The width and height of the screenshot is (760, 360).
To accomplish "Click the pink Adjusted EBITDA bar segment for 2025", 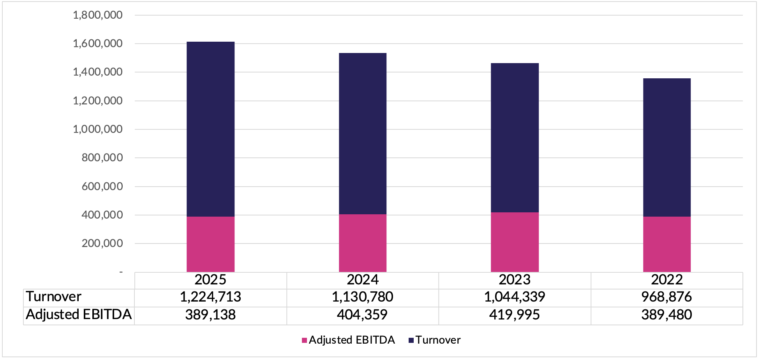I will (x=210, y=244).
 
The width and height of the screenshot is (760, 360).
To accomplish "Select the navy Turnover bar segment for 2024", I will (x=362, y=134).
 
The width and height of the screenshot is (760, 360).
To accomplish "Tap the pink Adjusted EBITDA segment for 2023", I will (x=515, y=242).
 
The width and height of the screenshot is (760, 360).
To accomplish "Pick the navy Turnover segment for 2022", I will (x=667, y=147).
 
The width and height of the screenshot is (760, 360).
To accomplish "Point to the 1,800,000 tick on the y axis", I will (x=97, y=15).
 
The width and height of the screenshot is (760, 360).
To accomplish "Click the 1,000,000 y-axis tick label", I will (x=97, y=129).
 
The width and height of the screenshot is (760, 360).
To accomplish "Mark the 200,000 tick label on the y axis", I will (x=102, y=244).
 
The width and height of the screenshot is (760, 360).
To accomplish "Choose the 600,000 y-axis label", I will (x=102, y=186).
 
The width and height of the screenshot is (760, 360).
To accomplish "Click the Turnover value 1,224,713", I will (x=210, y=297).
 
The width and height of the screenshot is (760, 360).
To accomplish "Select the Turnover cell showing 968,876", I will (x=667, y=297).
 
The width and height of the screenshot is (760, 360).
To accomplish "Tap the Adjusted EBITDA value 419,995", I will (x=515, y=315).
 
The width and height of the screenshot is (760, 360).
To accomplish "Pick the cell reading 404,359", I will (x=362, y=315).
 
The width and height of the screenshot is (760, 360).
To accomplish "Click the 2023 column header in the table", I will (x=515, y=280).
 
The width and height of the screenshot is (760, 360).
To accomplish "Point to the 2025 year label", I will (x=210, y=280).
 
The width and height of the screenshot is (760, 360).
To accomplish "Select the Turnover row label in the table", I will (x=54, y=297).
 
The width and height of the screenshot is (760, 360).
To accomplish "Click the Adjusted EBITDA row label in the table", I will (x=79, y=314).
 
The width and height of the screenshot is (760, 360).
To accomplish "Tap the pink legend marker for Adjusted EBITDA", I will (x=304, y=341).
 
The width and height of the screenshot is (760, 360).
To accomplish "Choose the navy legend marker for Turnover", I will (x=411, y=341).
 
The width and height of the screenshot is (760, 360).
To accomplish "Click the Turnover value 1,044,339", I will (x=515, y=297).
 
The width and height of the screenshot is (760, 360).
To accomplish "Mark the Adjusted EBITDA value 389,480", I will (x=667, y=315).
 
